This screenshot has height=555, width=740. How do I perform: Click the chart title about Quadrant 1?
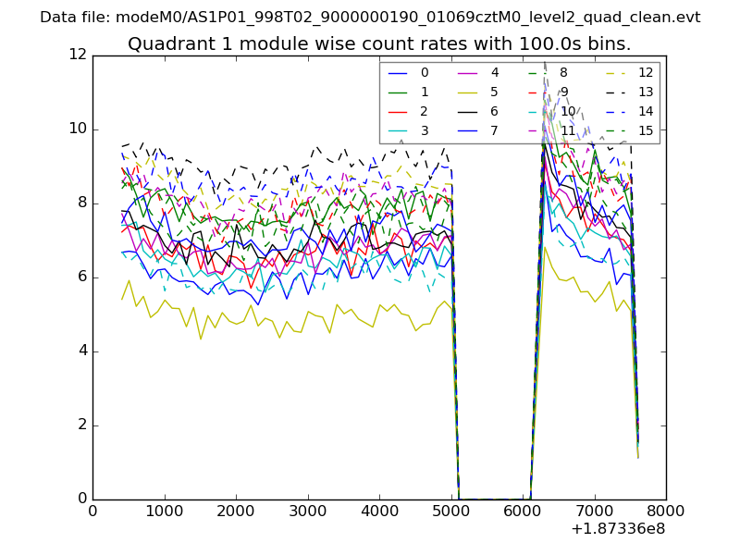coord(379,43)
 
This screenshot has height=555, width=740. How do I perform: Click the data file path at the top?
coord(370,17)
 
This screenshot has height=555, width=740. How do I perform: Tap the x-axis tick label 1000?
coord(164,510)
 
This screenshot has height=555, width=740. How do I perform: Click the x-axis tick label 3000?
coord(307,510)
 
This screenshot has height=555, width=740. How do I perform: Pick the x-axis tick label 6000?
coord(523,510)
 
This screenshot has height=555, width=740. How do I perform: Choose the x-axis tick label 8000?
coord(666,510)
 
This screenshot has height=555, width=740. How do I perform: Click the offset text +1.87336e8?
coord(617,528)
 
